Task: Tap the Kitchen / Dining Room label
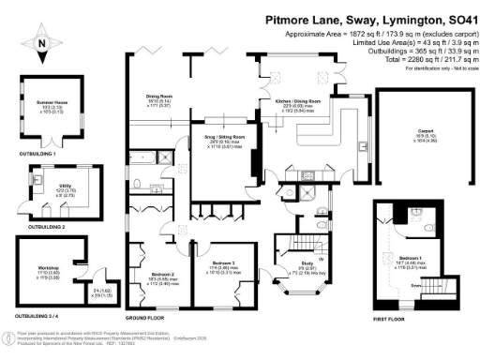pyautogui.click(x=297, y=99)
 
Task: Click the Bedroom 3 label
pyautogui.click(x=222, y=262)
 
